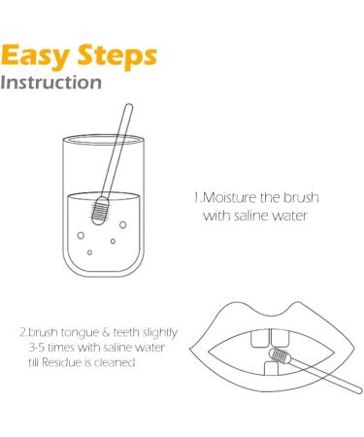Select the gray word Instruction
[52, 83]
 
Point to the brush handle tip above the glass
[127, 110]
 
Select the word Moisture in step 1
[228, 198]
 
